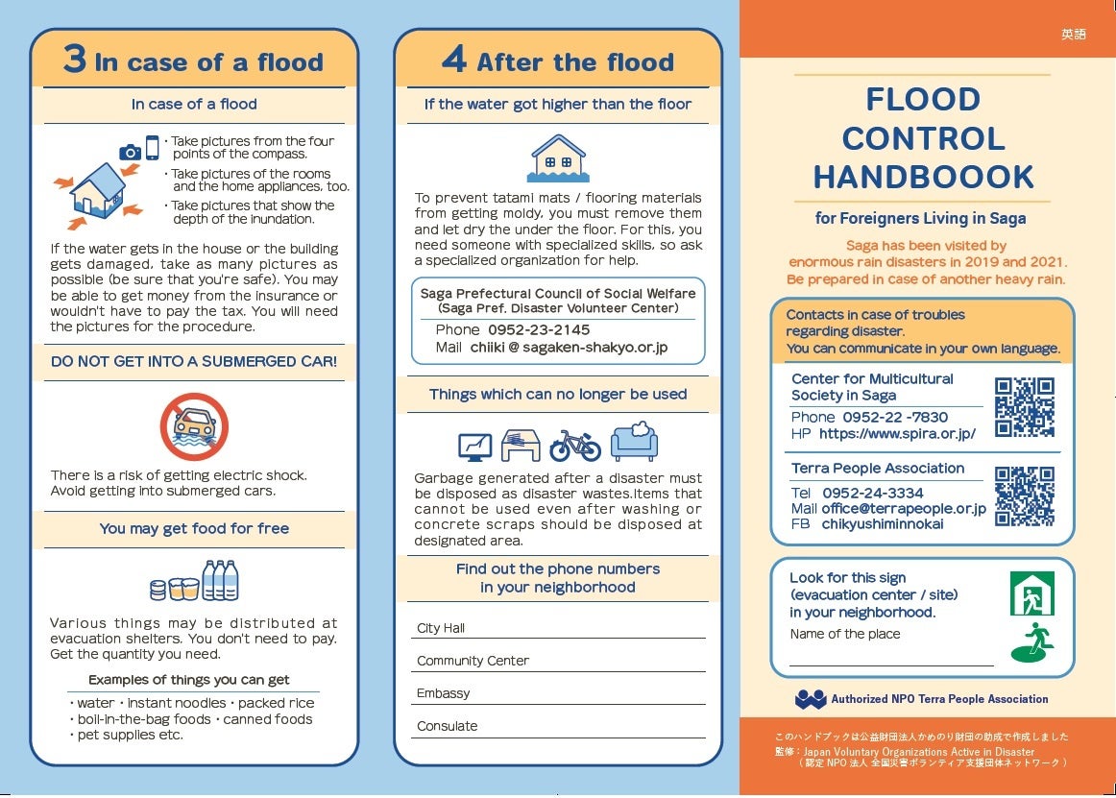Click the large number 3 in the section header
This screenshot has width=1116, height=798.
coord(75,60)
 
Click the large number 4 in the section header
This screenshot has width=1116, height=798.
coord(453,60)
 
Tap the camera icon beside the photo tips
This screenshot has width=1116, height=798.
coord(130,152)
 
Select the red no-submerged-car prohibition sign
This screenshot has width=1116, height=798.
coord(194,426)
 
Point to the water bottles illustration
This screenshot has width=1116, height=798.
coord(220,581)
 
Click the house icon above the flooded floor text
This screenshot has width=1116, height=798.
coord(558,158)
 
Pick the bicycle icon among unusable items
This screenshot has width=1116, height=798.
coord(574,446)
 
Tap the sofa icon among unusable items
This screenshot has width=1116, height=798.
coord(634,442)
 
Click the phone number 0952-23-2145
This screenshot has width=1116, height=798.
coord(539,329)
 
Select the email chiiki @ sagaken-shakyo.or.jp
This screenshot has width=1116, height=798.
coord(569,348)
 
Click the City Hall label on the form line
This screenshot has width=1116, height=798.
coord(441,628)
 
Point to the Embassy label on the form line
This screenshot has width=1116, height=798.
coord(444,693)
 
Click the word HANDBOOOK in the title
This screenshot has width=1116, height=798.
coord(923,177)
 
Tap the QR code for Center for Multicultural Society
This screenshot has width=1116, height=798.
coord(1025,407)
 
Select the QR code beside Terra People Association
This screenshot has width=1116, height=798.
coord(1025,496)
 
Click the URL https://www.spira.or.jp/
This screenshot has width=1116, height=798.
coord(897,434)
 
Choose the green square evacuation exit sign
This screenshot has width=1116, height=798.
coord(1031,593)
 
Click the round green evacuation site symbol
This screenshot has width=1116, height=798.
coord(1032,643)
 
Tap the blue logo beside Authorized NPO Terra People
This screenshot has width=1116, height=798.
coord(811,699)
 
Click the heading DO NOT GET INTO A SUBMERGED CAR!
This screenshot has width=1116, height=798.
coord(194,362)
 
